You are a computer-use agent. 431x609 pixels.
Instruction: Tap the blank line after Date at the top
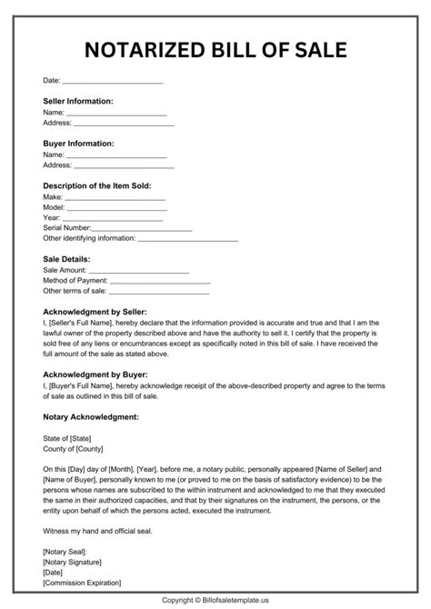pyautogui.click(x=112, y=82)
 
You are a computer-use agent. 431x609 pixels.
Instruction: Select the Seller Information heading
pyautogui.click(x=78, y=101)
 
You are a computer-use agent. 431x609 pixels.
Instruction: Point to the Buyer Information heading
pyautogui.click(x=78, y=144)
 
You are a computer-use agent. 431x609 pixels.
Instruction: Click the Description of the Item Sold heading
pyautogui.click(x=97, y=185)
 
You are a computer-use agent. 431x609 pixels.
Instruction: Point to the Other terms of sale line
pyautogui.click(x=159, y=291)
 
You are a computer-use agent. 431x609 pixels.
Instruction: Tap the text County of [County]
pyautogui.click(x=73, y=447)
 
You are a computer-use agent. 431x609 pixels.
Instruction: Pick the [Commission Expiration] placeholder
pyautogui.click(x=82, y=582)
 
